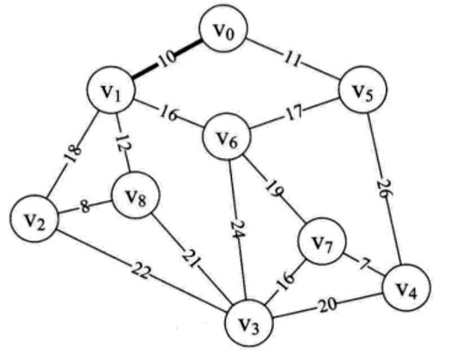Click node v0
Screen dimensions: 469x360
coord(223,29)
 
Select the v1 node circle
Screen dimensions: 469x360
coord(112,89)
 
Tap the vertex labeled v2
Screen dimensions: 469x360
coord(34,219)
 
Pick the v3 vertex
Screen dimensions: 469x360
coord(249,322)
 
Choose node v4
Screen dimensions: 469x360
coord(407,288)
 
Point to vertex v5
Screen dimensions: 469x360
coord(362,89)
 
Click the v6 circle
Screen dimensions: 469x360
coord(227,136)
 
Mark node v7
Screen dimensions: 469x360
coord(322,241)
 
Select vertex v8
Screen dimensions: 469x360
coord(136,195)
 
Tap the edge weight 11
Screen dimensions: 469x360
coord(292,59)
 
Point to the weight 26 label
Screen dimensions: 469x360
coord(383,188)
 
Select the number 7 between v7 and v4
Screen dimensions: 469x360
coord(364,264)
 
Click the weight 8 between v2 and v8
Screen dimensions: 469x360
coord(85,206)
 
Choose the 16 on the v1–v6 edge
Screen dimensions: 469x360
coord(169,113)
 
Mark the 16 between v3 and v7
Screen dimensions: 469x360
coord(285,280)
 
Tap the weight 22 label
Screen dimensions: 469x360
coord(140,272)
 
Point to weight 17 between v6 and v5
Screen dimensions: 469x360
coord(294,113)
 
